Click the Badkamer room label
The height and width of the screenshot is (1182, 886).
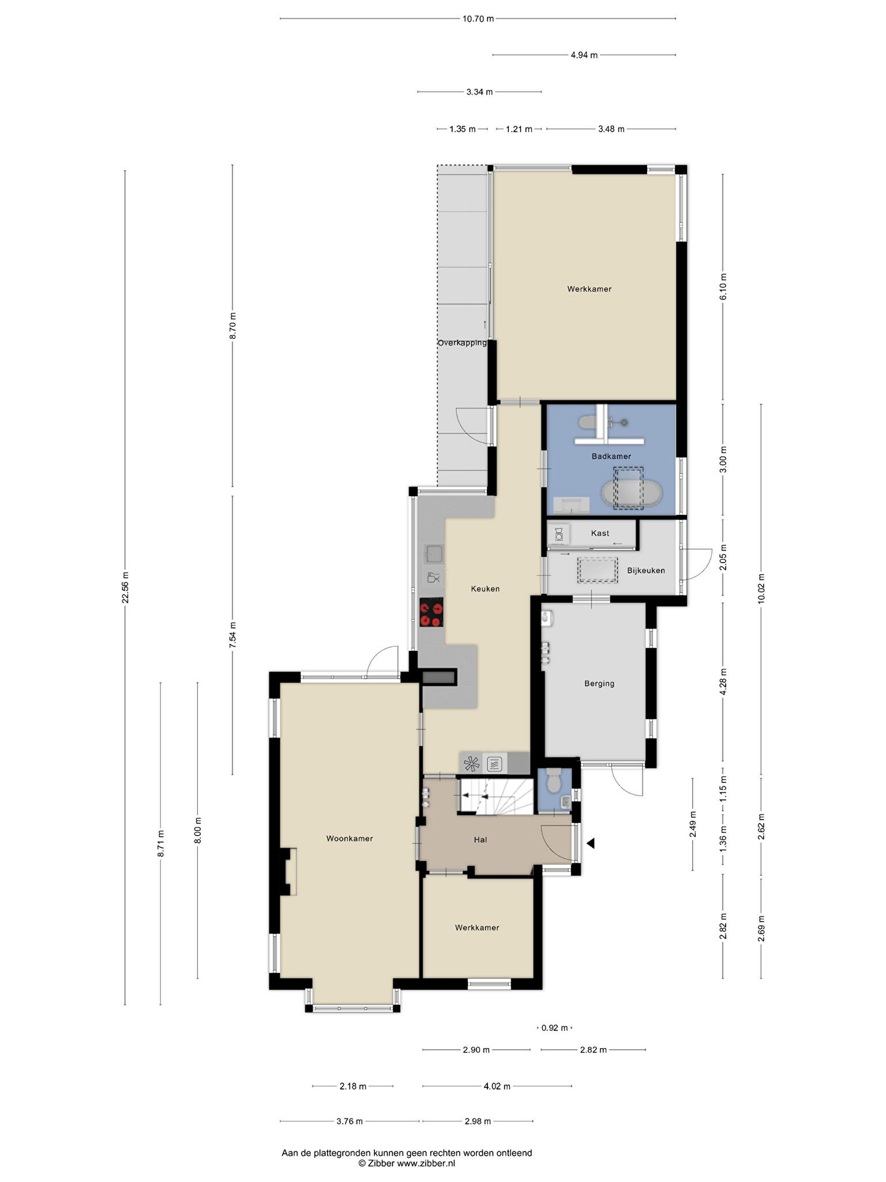611,456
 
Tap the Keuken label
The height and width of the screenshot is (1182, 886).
485,589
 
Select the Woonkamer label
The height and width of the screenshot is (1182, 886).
350,839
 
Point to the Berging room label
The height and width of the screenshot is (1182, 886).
599,683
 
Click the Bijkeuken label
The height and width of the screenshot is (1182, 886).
646,570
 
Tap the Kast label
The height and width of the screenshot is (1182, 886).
600,533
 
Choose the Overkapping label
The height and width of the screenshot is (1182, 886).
462,343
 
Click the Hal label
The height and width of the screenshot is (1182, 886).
480,840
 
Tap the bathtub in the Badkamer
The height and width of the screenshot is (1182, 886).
632,493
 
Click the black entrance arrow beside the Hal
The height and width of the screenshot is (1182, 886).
591,843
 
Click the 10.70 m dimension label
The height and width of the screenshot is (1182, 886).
478,18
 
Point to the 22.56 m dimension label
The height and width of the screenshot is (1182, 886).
125,588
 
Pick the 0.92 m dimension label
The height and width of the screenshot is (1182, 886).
554,1028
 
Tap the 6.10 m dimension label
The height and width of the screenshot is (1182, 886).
723,286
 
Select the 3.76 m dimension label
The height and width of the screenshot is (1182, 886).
350,1121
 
